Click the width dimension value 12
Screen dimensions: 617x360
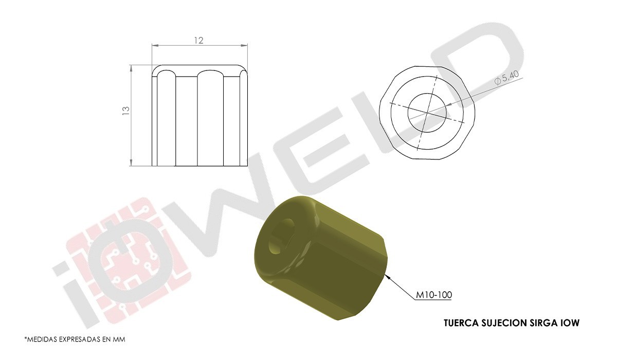[199, 41]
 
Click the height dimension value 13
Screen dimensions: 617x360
[126, 110]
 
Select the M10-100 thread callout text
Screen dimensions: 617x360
[434, 295]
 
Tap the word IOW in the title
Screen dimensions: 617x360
[571, 323]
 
